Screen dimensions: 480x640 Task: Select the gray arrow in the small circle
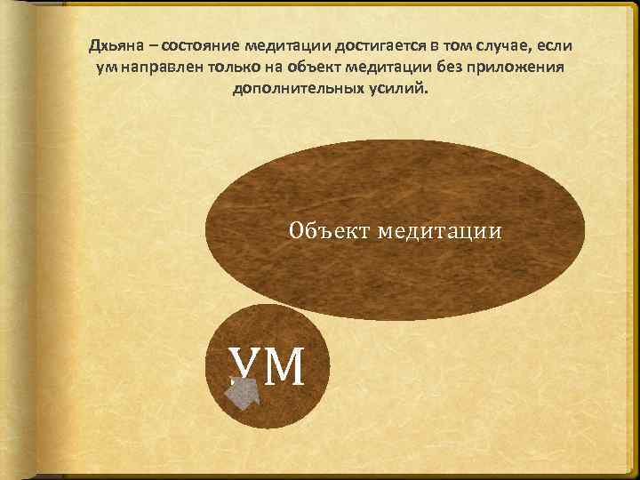[241, 392]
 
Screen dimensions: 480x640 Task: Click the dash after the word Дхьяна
[146, 46]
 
